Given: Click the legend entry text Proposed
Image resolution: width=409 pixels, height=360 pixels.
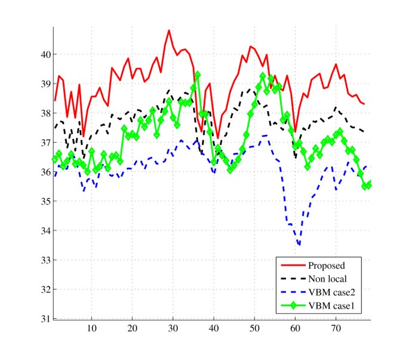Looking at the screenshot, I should (327, 265).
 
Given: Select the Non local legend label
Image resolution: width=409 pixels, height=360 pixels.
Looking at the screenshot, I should (328, 279).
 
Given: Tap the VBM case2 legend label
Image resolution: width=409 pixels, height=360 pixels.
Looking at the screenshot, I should (333, 293).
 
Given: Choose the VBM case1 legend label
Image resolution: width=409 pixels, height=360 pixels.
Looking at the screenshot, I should (333, 306).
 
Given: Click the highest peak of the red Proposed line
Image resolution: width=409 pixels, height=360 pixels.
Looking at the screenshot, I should (169, 30).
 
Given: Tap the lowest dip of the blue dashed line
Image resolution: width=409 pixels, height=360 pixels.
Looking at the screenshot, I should (299, 245).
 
